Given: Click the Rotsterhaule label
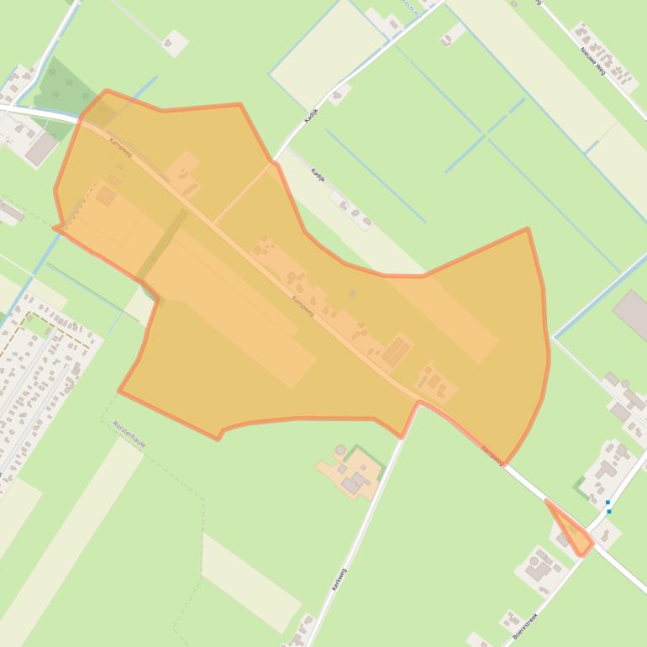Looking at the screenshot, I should point(129,434).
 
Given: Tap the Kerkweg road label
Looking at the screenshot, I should point(339,580).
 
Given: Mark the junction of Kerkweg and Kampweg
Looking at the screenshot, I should point(418,402).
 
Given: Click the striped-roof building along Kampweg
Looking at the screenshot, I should point(396,350).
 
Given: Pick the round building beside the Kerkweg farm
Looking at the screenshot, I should point(339,450).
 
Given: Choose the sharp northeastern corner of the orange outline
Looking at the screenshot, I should point(527,229).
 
